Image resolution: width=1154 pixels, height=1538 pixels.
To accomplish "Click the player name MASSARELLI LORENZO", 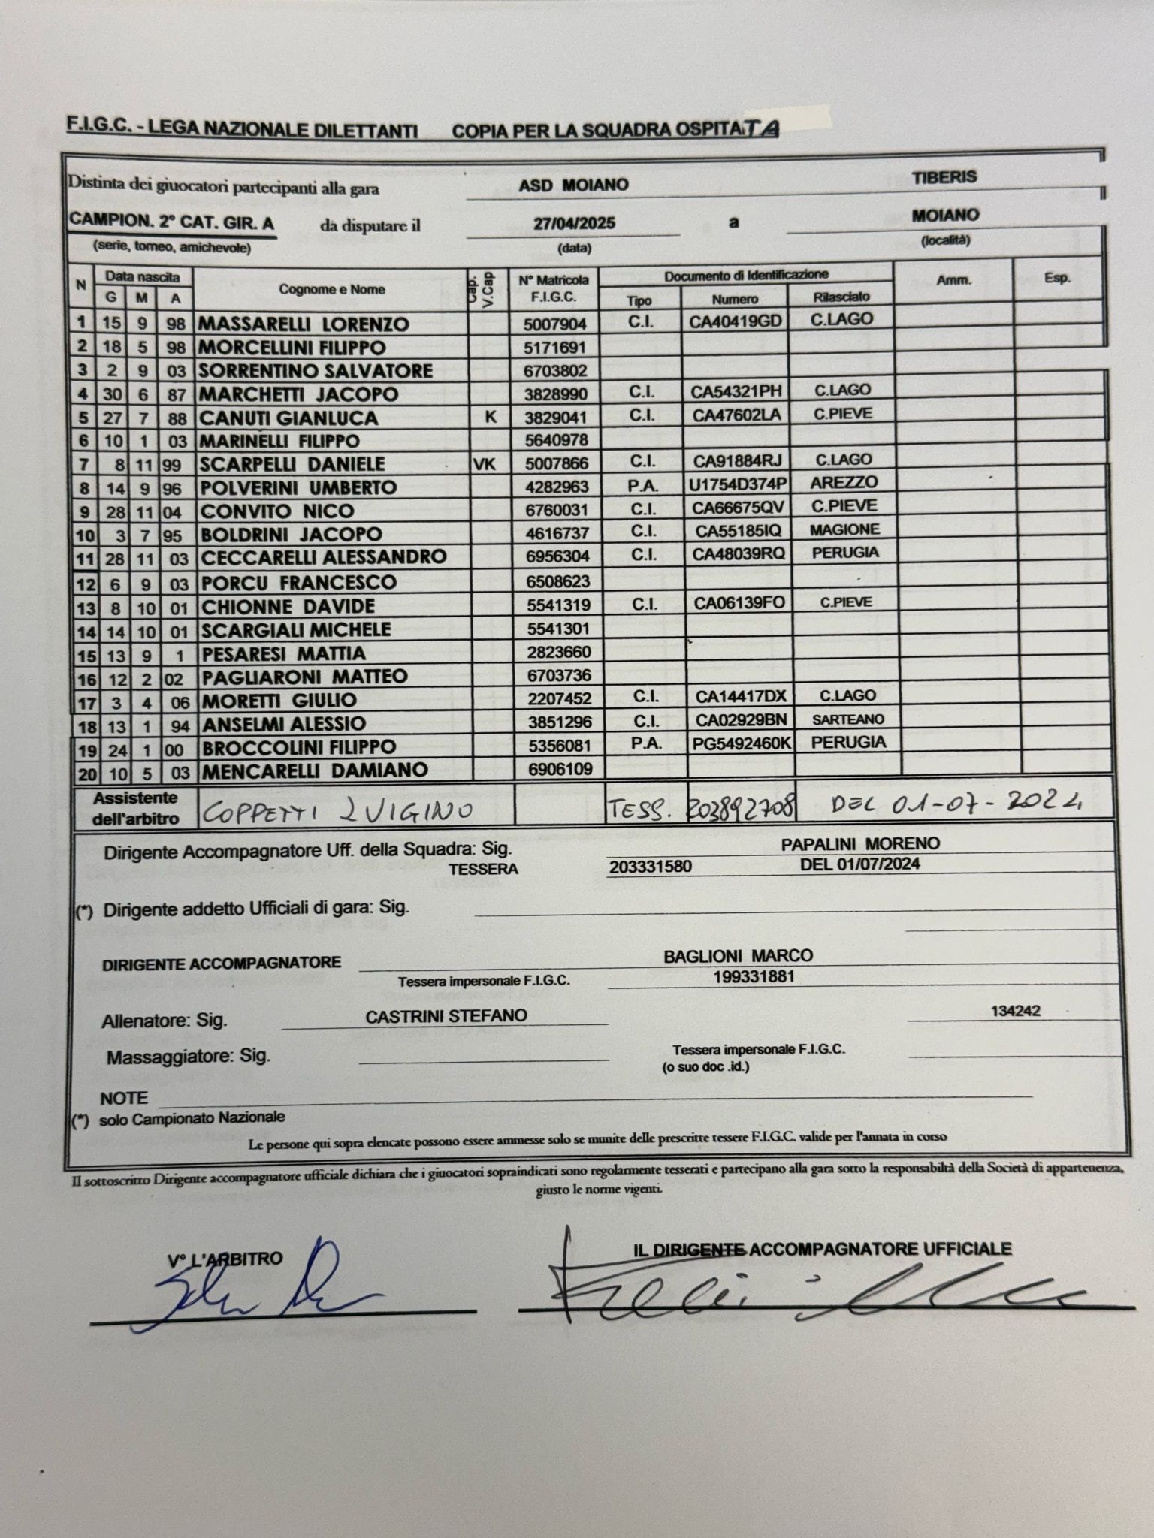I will [x=304, y=324].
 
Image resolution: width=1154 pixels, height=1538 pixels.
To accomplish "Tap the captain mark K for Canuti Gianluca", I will [x=490, y=416].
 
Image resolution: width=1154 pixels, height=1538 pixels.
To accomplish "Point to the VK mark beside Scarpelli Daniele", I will [x=484, y=464].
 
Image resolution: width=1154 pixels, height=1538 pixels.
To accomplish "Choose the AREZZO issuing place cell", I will [x=844, y=483].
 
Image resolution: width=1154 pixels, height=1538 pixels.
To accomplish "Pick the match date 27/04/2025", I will [x=574, y=223].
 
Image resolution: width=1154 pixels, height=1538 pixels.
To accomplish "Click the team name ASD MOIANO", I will [x=573, y=185].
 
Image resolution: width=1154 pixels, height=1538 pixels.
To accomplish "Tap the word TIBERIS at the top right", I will [x=944, y=178].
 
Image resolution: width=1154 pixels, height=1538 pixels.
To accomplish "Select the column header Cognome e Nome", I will [x=332, y=289].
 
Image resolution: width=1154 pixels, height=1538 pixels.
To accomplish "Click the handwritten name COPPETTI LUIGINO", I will [x=338, y=810].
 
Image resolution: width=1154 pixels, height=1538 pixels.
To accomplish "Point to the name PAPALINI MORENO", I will [x=860, y=844].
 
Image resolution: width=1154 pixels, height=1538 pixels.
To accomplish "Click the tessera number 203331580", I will [x=650, y=867].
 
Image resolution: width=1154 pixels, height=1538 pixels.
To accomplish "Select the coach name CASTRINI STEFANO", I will [x=446, y=1016].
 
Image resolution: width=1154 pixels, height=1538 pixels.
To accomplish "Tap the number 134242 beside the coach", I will [x=1015, y=1011].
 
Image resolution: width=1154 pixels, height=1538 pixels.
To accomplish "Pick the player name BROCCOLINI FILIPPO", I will [x=299, y=747].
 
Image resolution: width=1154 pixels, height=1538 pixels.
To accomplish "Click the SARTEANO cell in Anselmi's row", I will [x=847, y=719].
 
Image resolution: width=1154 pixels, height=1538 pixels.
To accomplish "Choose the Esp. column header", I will [x=1056, y=278].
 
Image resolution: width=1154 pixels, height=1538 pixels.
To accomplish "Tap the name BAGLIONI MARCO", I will [x=738, y=956].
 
